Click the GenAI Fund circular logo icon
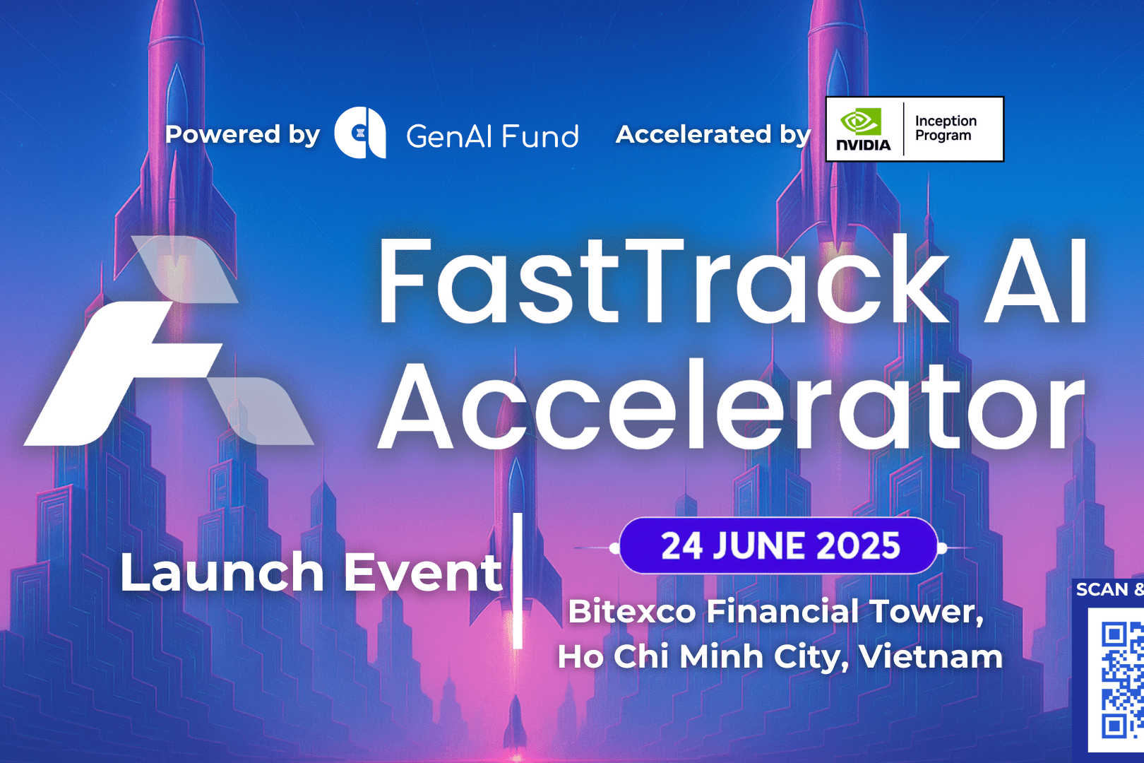(x=360, y=132)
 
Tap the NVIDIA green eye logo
(x=861, y=122)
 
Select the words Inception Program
(x=946, y=129)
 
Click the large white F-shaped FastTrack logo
(x=169, y=341)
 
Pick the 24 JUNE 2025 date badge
(x=780, y=546)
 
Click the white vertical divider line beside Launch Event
(x=518, y=581)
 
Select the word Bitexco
(x=632, y=611)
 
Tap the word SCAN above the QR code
(x=1102, y=590)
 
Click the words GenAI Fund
(x=492, y=136)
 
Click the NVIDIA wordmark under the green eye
(x=863, y=145)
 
